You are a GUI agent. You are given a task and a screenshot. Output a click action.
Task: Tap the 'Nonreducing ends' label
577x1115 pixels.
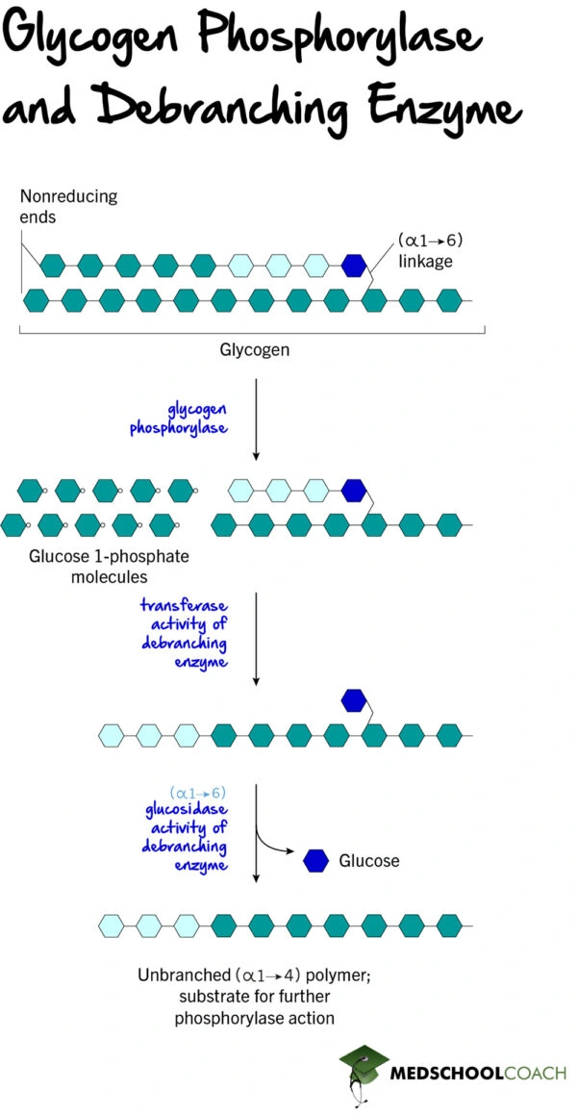coord(68,206)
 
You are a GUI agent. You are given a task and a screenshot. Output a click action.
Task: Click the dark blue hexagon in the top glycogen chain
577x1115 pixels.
coord(354,265)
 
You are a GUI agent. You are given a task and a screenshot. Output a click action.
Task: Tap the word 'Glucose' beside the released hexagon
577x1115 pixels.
coord(369,861)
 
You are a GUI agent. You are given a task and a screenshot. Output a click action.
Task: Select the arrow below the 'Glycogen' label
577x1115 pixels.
coord(256,419)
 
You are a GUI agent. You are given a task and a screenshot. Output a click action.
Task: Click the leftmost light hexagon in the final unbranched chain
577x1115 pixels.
coord(111,925)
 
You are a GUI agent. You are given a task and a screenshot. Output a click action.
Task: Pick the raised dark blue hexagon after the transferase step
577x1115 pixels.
coord(354,700)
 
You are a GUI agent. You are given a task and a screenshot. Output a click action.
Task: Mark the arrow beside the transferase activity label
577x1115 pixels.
coord(256,639)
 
